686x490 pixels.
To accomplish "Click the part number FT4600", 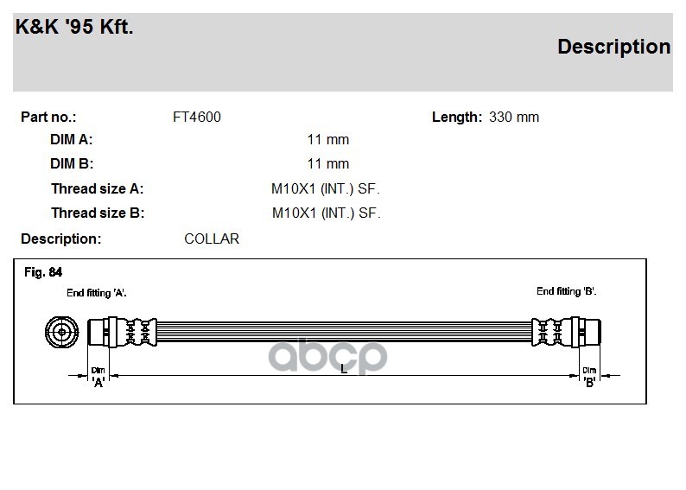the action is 197,118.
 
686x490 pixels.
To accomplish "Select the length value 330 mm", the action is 514,118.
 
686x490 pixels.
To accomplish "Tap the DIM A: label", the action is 72,139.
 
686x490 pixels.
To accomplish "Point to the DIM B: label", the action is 72,163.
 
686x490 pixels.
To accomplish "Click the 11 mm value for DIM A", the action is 328,139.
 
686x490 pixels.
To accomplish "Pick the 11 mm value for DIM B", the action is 328,163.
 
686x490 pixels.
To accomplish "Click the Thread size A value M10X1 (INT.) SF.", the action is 326,189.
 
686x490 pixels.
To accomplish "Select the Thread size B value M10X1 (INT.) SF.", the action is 327,213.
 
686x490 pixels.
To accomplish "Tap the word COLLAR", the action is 212,239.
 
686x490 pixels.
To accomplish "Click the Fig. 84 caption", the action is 43,272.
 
